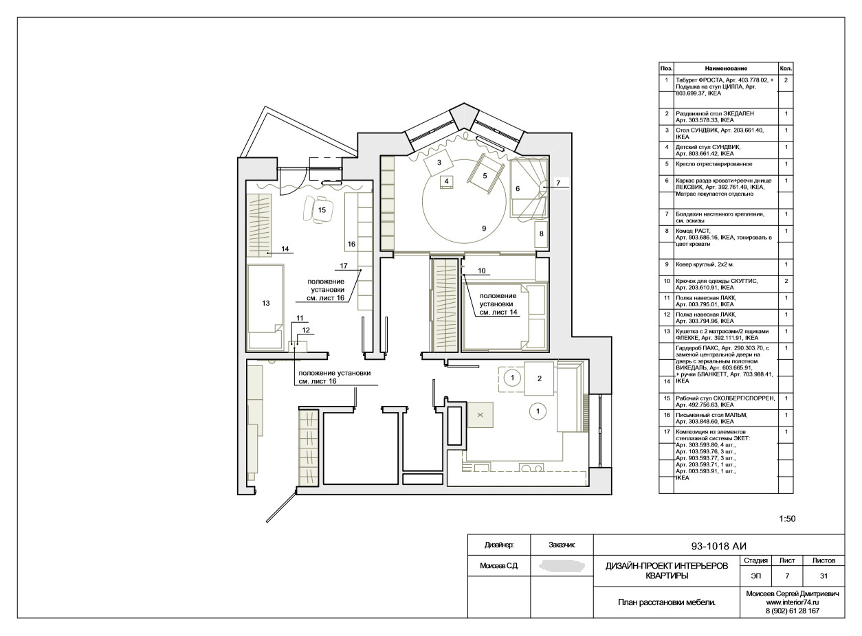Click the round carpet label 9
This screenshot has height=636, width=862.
[x=484, y=228]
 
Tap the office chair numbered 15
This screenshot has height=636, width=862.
[x=319, y=209]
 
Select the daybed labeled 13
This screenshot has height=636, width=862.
[x=266, y=307]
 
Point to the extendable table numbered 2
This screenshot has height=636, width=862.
[x=539, y=378]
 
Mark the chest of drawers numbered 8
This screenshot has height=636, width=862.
[x=542, y=234]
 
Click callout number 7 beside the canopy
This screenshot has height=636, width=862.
[x=558, y=183]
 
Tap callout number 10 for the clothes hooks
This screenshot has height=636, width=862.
[x=481, y=271]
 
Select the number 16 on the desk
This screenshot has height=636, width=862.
[x=351, y=244]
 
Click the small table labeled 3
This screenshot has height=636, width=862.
[x=439, y=163]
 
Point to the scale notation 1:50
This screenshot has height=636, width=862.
[x=787, y=519]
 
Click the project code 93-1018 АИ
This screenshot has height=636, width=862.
[x=718, y=546]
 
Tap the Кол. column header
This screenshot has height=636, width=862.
[x=786, y=68]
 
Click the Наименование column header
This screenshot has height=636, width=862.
[x=726, y=68]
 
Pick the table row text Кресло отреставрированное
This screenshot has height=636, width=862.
[x=714, y=164]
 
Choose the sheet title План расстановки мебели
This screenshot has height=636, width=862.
[x=667, y=602]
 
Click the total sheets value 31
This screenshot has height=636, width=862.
[x=824, y=576]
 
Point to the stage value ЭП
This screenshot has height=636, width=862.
[x=755, y=576]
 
